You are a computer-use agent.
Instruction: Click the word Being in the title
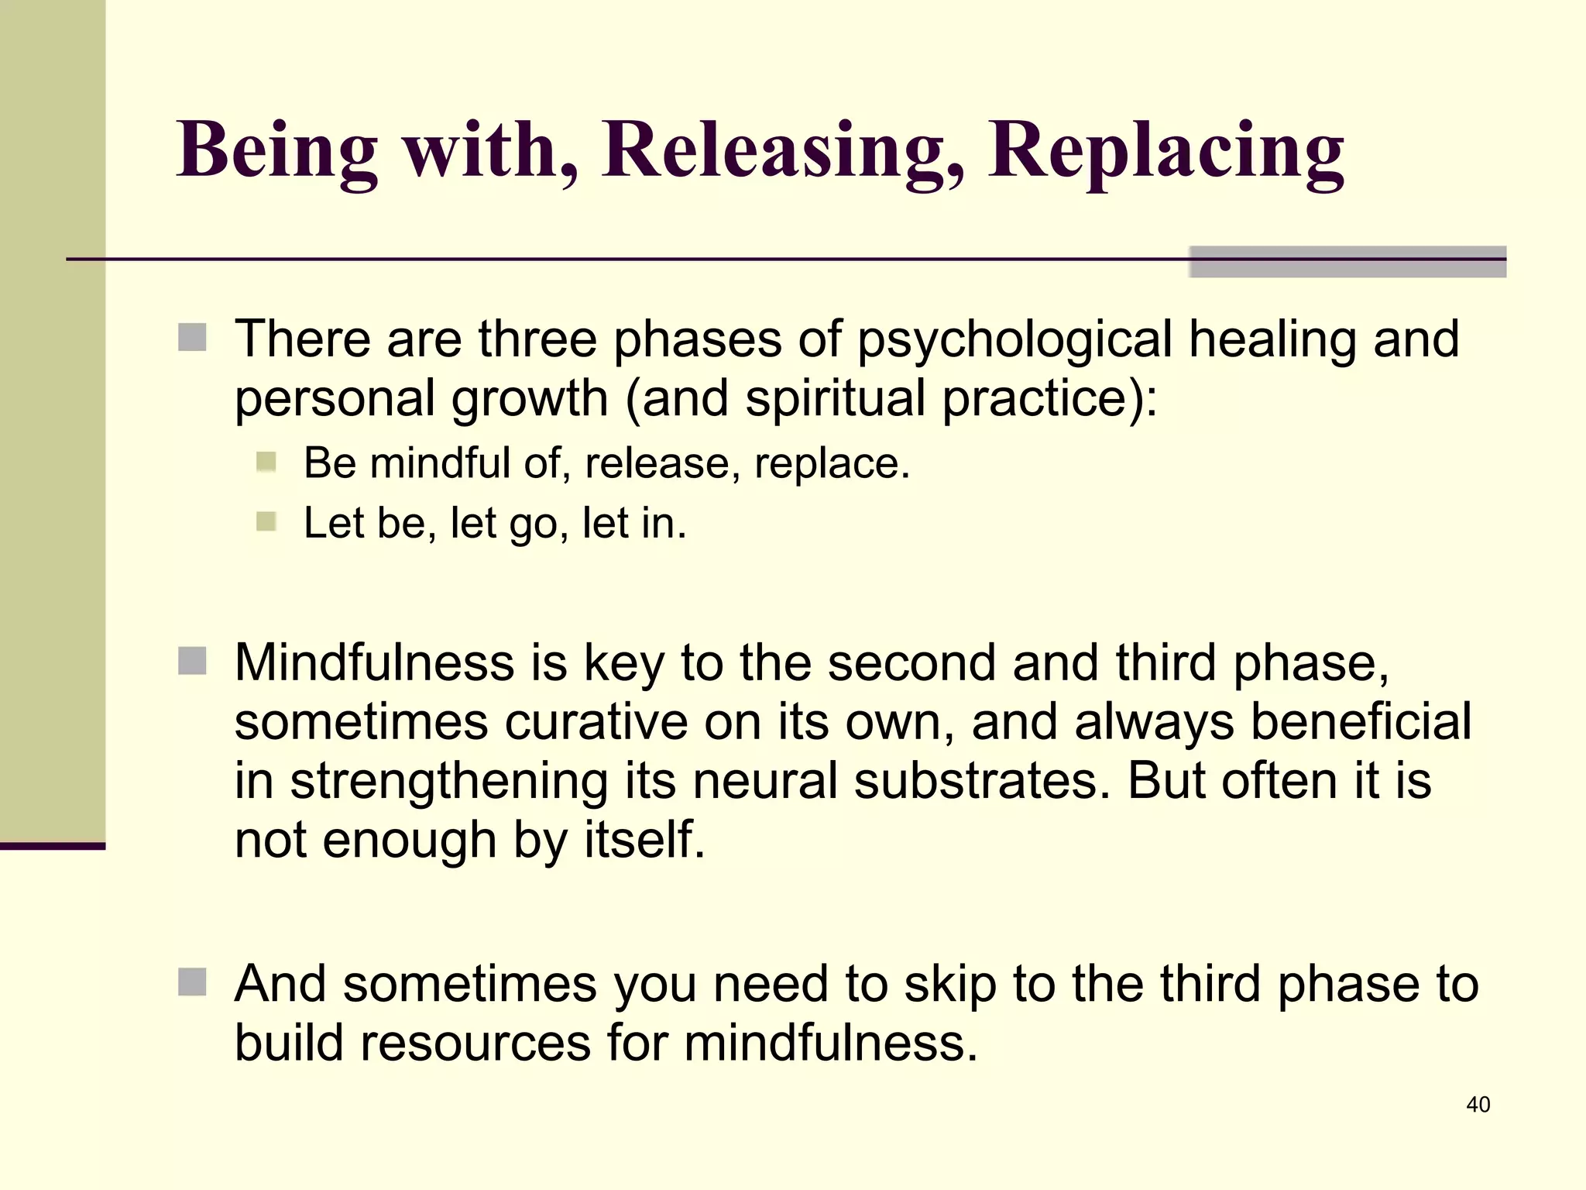(x=277, y=151)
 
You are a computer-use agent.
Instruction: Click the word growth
(x=530, y=399)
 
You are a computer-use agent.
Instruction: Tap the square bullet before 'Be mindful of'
(x=266, y=463)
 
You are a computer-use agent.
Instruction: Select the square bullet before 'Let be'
(x=266, y=522)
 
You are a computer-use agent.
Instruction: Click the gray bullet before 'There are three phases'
(x=192, y=338)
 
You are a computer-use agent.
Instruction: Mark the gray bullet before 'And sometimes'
(x=192, y=982)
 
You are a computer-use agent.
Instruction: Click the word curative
(x=596, y=722)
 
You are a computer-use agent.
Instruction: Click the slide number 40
(x=1478, y=1105)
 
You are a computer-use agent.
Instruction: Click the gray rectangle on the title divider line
(x=1347, y=262)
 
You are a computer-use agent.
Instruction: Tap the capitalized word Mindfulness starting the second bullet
(x=374, y=663)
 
